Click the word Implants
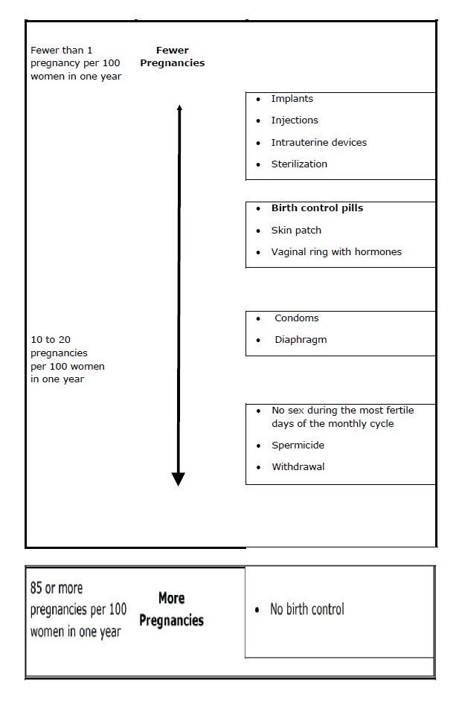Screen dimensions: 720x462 point(292,99)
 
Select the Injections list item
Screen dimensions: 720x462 point(294,120)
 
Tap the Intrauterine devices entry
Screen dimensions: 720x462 point(318,143)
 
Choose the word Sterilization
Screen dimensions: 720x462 point(298,164)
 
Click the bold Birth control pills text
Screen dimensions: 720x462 point(317,208)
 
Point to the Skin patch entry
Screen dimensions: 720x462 point(296,231)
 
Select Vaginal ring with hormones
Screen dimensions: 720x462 point(336,252)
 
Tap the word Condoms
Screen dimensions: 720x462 point(296,318)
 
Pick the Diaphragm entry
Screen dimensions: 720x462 point(301,340)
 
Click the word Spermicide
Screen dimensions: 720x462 point(298,446)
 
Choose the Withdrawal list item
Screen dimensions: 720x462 point(298,467)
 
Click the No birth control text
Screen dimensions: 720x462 point(307,610)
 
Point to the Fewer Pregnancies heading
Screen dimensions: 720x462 point(172,57)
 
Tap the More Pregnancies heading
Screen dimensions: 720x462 point(171,609)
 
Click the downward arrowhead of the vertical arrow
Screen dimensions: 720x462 point(178,479)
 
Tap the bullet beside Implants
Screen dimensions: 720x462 point(258,99)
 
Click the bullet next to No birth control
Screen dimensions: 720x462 point(257,610)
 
